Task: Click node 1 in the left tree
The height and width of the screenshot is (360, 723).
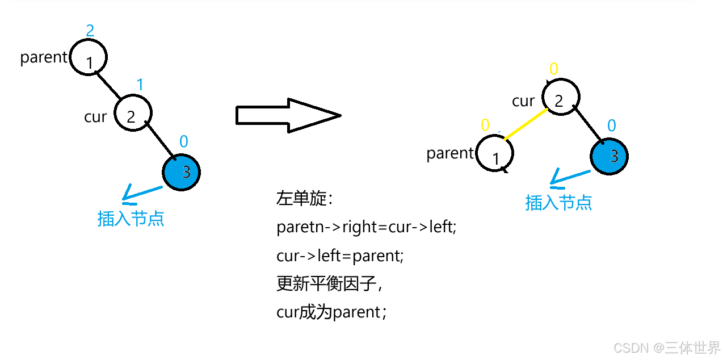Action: (x=88, y=57)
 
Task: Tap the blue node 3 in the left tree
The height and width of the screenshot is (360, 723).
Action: (x=182, y=171)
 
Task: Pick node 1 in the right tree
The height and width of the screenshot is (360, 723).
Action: (x=494, y=154)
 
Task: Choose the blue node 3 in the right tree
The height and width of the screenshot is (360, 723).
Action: (x=609, y=156)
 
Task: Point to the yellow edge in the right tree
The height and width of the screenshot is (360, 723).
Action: (x=524, y=124)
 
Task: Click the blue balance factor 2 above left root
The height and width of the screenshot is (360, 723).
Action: (x=90, y=30)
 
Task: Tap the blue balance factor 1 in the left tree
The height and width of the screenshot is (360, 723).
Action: (x=140, y=85)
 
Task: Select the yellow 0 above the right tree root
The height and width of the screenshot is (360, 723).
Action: (x=553, y=69)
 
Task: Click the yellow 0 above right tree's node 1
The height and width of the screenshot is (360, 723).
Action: (x=485, y=125)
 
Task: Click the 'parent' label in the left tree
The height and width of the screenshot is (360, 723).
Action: (x=44, y=57)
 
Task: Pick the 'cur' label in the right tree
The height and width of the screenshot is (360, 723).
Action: (x=523, y=101)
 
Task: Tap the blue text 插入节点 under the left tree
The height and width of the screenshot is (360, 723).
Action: (x=131, y=219)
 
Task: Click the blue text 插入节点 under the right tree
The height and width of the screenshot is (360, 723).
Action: (x=558, y=202)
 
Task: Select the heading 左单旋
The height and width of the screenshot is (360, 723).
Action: (x=304, y=199)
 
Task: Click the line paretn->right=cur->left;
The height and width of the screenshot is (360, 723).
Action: (x=367, y=227)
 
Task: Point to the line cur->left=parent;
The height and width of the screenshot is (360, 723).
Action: (x=340, y=256)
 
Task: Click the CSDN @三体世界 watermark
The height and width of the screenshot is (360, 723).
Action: (x=667, y=347)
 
